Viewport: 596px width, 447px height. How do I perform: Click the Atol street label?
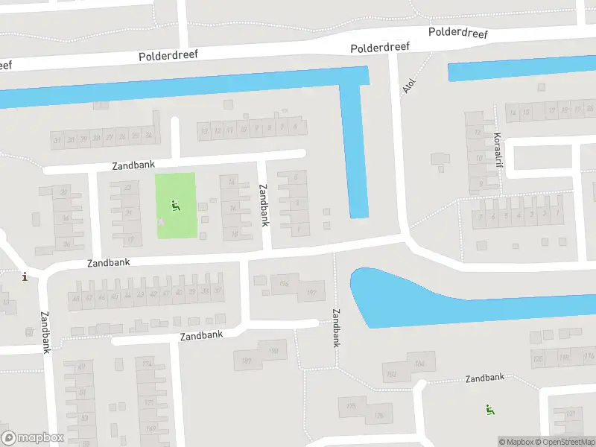tap(408, 86)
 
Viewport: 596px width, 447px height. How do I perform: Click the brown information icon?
tap(25, 277)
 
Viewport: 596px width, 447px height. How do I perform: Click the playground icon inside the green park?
tap(176, 206)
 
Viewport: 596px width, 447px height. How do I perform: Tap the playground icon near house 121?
tap(489, 408)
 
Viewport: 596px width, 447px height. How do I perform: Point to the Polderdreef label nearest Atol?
tap(381, 47)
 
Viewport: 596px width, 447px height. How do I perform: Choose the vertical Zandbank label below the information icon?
tap(45, 332)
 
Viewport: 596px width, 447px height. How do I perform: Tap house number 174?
tap(147, 364)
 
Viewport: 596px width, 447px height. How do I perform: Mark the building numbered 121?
tap(571, 414)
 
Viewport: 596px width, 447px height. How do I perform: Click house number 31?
tap(57, 139)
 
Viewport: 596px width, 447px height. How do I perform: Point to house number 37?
tap(217, 291)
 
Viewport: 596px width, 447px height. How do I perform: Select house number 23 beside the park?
tap(127, 187)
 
